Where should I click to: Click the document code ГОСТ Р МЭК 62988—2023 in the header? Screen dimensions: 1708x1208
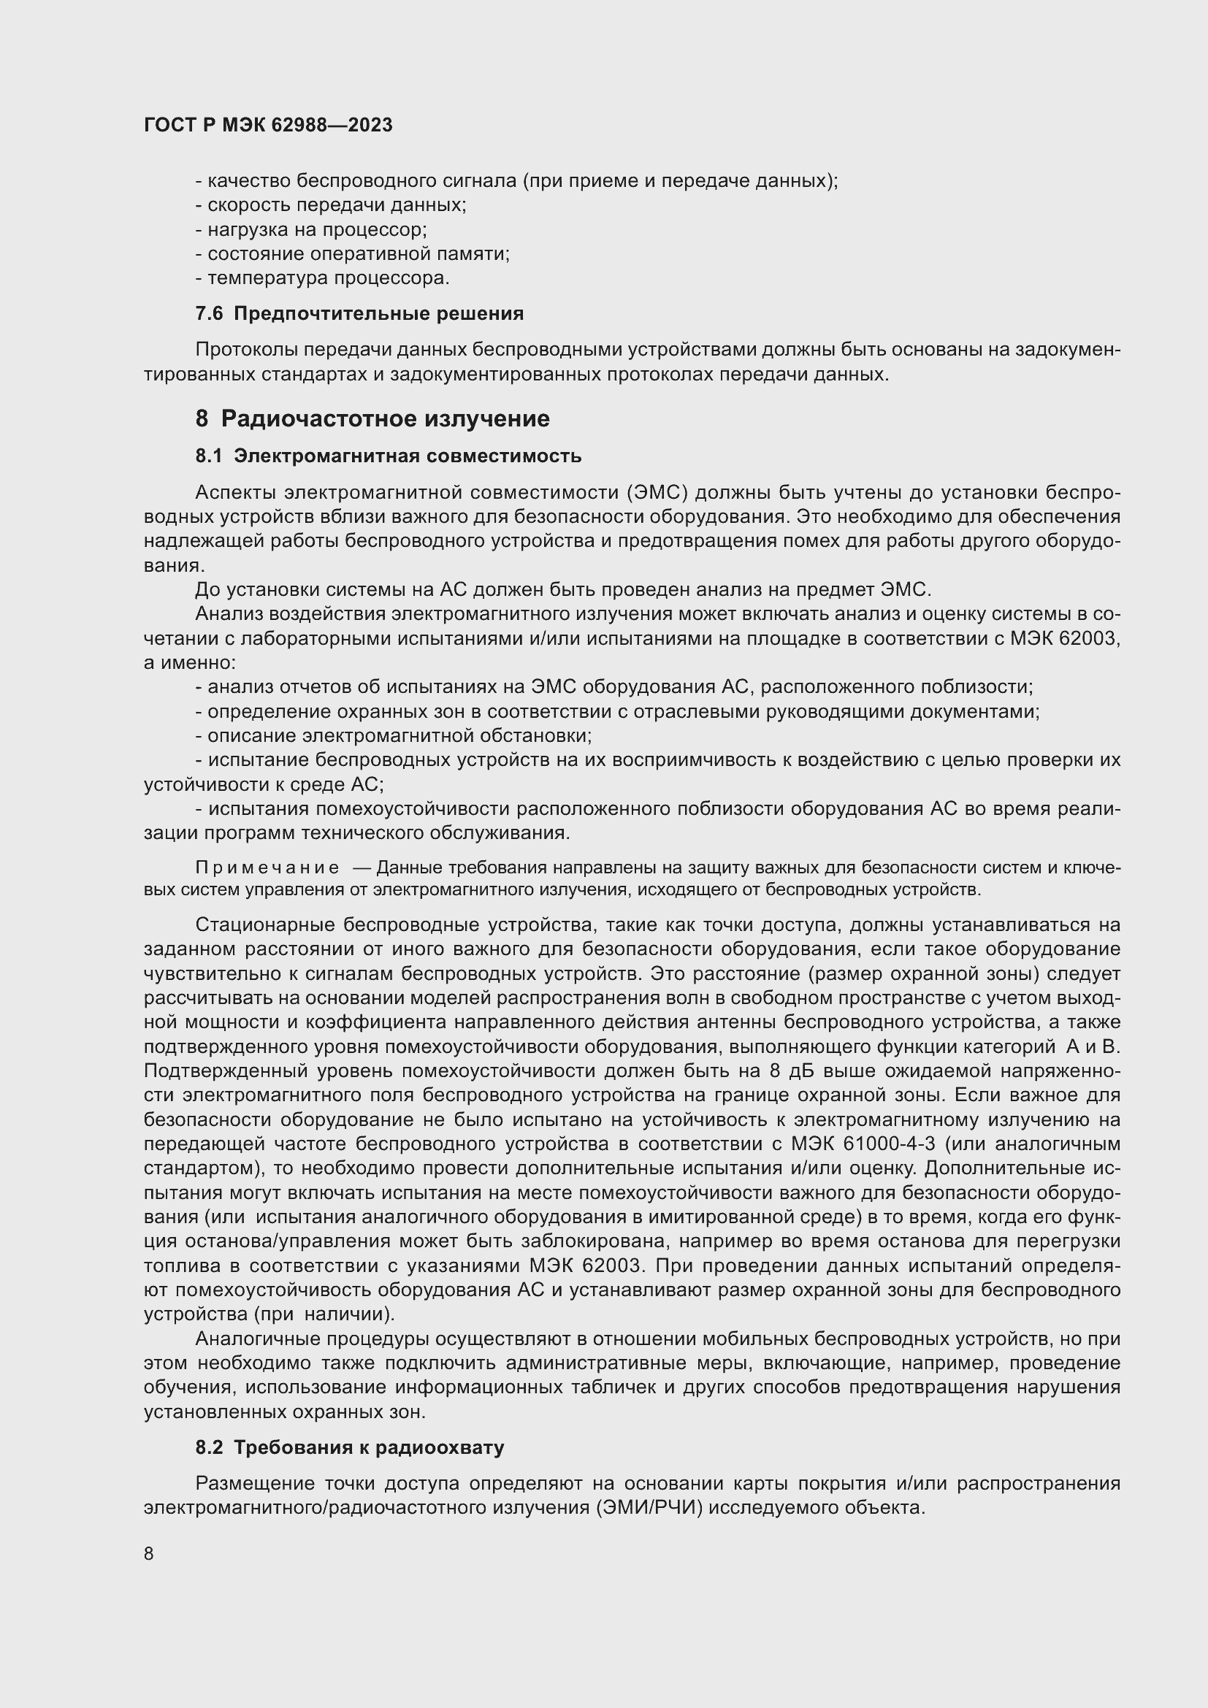pos(268,126)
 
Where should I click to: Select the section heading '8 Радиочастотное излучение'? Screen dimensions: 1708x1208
pos(372,419)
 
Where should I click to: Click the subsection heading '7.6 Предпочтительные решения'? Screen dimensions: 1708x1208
pos(359,314)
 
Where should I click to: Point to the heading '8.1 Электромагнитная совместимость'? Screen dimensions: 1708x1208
pos(389,456)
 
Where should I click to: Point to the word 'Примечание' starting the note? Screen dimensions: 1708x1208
pos(267,868)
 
